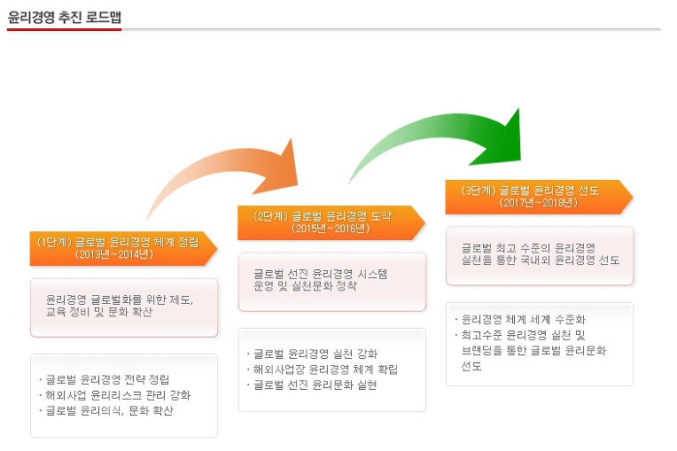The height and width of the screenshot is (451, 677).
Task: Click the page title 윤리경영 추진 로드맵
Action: [x=65, y=17]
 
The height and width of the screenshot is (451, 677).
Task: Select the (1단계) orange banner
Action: [x=123, y=249]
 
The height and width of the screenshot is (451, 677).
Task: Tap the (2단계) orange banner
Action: [x=331, y=222]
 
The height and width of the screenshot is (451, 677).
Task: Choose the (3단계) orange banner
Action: [x=539, y=197]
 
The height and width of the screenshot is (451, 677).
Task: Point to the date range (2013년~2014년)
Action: [x=114, y=254]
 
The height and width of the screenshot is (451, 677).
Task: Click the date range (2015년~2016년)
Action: [x=331, y=229]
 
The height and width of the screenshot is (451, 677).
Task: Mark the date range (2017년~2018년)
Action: [x=539, y=202]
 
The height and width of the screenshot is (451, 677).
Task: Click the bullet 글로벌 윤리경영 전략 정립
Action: [x=107, y=379]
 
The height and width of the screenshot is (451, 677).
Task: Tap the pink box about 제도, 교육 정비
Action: [x=124, y=307]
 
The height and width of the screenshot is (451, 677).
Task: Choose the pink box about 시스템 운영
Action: [x=332, y=282]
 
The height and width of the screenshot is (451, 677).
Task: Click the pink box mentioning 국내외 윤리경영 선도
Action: [x=540, y=256]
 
